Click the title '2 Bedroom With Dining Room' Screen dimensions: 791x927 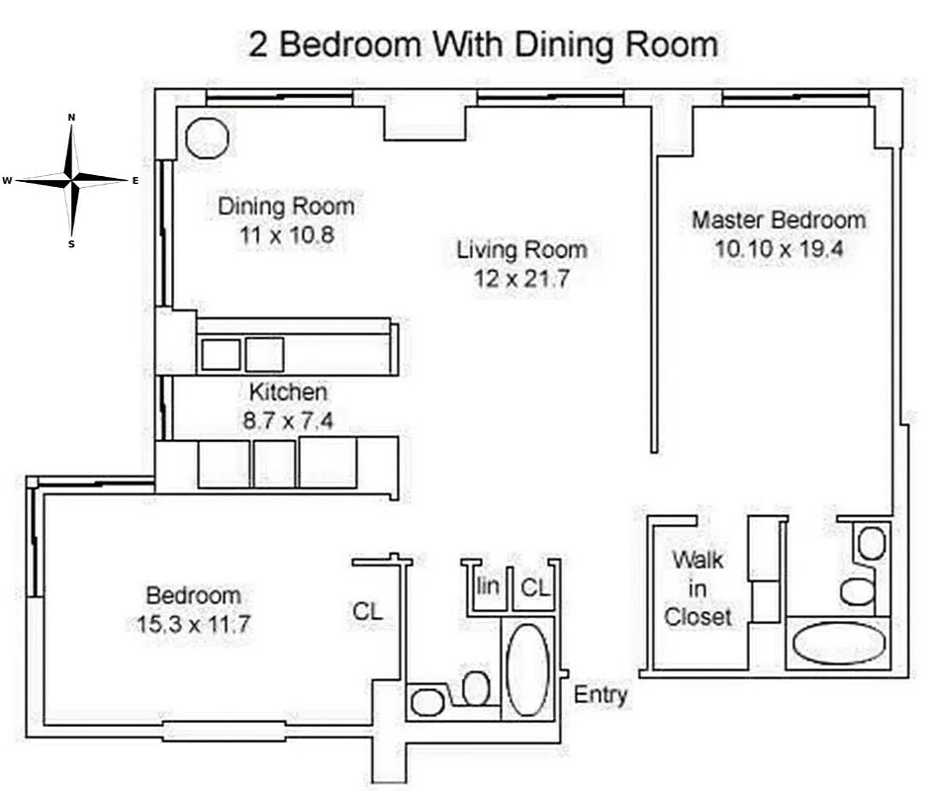(482, 45)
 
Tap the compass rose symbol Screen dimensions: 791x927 (71, 180)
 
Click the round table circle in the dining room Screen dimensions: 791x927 (207, 138)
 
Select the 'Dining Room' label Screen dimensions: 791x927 (286, 207)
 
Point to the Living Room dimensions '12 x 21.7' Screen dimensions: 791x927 (521, 279)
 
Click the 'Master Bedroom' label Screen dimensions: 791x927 (778, 220)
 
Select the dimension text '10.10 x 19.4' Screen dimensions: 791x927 (778, 249)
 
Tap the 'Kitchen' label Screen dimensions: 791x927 (288, 392)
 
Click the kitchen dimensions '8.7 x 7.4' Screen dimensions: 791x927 (288, 420)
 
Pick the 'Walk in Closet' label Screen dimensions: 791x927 (698, 588)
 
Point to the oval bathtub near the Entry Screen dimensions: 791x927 (527, 669)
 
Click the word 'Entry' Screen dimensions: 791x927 (601, 695)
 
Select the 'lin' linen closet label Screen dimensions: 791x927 (488, 586)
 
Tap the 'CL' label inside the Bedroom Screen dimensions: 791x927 (368, 612)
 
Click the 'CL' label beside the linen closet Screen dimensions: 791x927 (535, 587)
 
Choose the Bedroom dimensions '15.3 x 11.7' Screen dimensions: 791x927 (193, 624)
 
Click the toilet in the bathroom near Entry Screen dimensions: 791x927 (477, 688)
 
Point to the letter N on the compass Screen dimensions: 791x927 (71, 118)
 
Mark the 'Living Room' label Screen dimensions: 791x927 (521, 249)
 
